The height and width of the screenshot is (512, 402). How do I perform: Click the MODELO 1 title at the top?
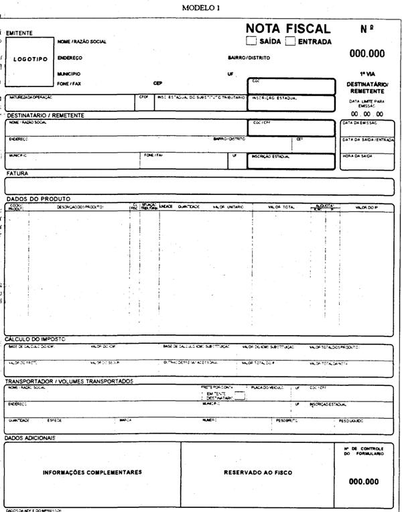click(200, 7)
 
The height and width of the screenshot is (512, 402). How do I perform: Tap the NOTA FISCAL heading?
click(288, 29)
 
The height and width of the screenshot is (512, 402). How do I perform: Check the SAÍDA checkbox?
click(251, 41)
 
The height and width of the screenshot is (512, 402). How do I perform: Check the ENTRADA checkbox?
click(291, 41)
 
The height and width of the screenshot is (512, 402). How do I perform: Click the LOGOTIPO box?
click(30, 59)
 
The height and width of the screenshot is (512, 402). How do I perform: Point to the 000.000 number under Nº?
click(367, 54)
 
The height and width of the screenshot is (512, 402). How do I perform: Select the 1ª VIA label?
click(367, 74)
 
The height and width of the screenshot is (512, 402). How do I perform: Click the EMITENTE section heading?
click(19, 32)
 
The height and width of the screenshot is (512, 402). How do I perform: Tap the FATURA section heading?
click(17, 174)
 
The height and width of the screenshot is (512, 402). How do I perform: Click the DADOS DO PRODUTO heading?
click(38, 199)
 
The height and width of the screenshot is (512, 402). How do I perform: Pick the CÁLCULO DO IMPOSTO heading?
click(36, 339)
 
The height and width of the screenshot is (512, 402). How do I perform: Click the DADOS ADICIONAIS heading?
click(30, 438)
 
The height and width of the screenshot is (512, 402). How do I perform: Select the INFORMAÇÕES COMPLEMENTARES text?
click(92, 472)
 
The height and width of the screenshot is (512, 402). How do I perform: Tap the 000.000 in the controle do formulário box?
click(364, 481)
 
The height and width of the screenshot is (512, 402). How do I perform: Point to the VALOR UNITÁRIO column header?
click(228, 207)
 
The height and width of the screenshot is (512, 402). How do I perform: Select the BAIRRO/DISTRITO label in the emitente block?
click(249, 58)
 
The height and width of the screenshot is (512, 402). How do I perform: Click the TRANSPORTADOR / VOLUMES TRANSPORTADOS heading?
click(69, 381)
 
